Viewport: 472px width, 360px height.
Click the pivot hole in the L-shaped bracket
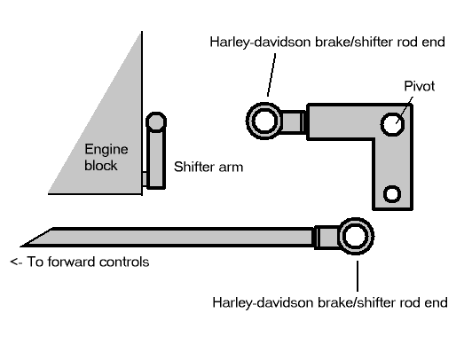click(x=391, y=120)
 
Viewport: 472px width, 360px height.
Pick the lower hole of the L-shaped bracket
click(x=391, y=192)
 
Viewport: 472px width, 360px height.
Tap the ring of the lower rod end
click(x=355, y=237)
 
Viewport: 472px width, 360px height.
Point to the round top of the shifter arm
click(x=155, y=121)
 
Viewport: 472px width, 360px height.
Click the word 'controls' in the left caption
click(x=125, y=262)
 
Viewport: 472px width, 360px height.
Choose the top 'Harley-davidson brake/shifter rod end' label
click(x=333, y=42)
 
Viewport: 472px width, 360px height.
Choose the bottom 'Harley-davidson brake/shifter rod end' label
click(x=329, y=301)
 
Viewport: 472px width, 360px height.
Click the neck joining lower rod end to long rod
click(x=324, y=237)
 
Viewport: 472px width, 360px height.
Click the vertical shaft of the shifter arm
click(x=155, y=160)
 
